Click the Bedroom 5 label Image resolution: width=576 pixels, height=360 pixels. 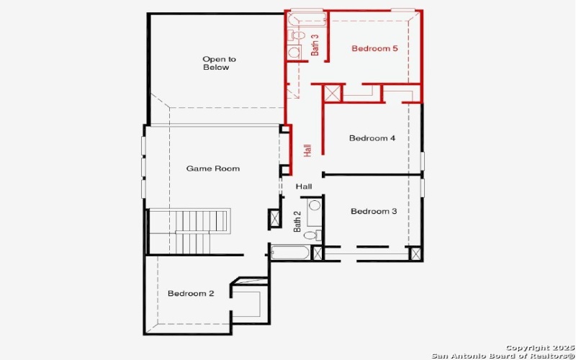click(x=374, y=49)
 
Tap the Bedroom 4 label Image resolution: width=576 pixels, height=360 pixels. click(x=372, y=138)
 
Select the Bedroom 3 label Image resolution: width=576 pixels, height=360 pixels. click(x=374, y=212)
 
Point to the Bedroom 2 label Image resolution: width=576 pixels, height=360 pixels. click(x=191, y=294)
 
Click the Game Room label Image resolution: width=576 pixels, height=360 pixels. click(x=212, y=168)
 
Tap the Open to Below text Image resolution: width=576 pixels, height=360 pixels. click(x=218, y=63)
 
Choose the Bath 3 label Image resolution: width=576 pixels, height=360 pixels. click(x=315, y=45)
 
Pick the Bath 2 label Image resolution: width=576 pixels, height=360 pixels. click(x=297, y=221)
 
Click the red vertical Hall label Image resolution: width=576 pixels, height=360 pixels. click(x=307, y=150)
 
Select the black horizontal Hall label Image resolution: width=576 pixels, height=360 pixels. click(x=304, y=186)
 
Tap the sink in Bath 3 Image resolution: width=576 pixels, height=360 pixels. click(x=294, y=52)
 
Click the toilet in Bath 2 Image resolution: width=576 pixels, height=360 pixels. click(x=311, y=235)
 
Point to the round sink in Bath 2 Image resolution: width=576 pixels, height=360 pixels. click(x=315, y=206)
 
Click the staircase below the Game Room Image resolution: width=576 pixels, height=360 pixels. click(x=189, y=230)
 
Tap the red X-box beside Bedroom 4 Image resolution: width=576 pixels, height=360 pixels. click(x=332, y=94)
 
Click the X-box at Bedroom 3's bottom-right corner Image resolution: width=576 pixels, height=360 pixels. click(x=415, y=253)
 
